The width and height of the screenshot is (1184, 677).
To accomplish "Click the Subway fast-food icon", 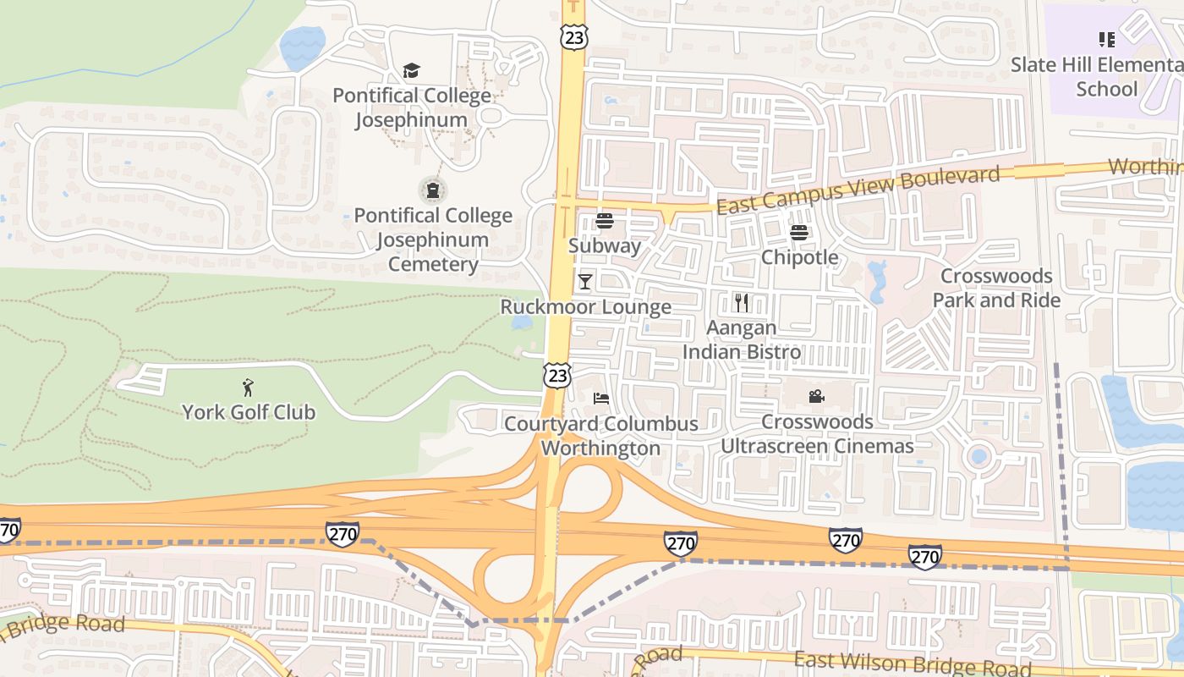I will [605, 221].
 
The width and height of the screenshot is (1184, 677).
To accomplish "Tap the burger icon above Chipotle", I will [799, 232].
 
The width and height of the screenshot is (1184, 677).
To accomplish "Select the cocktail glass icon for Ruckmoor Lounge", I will [584, 281].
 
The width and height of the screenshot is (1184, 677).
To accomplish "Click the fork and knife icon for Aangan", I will [742, 302].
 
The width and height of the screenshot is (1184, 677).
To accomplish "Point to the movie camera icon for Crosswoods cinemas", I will [816, 396].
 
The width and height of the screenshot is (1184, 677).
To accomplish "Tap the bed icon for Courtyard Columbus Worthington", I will [601, 398].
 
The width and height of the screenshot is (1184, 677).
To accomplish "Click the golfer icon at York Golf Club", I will [248, 388].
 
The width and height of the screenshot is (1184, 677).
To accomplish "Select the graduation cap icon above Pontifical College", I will [411, 70].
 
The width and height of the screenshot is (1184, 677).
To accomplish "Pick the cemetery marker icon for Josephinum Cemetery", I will [433, 190].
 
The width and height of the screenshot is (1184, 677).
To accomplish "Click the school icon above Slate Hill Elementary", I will [1106, 40].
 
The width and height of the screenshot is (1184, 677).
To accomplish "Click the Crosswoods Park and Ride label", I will [996, 288].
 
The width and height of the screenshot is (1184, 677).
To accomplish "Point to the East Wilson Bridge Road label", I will [913, 663].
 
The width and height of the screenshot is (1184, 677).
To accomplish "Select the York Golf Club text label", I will [249, 412].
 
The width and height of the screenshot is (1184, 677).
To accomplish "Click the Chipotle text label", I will [800, 257].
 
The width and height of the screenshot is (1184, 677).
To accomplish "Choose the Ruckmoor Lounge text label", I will [586, 306].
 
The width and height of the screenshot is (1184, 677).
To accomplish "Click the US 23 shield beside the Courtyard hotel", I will [556, 375].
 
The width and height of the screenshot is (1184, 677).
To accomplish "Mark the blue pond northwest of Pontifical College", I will [302, 47].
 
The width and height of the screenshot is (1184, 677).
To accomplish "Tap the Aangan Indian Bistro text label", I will [742, 339].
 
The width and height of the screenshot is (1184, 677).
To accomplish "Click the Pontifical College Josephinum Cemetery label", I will [433, 239].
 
